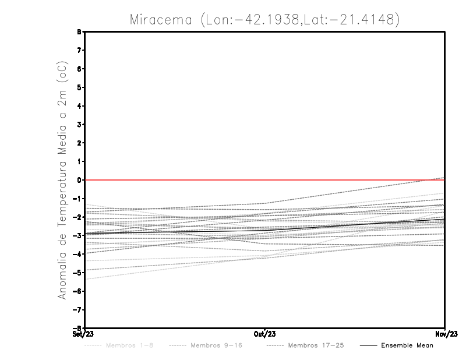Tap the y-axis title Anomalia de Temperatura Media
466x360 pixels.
62,181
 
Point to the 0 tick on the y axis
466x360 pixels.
80,180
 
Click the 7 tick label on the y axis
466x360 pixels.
80,51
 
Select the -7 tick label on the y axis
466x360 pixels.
78,310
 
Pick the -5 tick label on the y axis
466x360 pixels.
78,273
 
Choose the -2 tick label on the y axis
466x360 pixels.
78,217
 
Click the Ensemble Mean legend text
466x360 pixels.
407,345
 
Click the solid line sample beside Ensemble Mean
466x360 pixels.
368,345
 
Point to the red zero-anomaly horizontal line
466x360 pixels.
175,180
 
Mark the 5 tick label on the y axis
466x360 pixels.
80,87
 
